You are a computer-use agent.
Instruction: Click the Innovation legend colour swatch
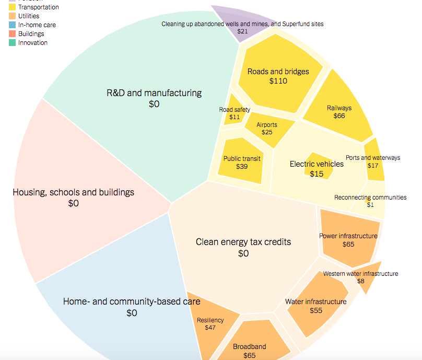(13, 42)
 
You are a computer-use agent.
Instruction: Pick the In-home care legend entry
(37, 25)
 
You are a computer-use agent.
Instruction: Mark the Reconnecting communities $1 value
(370, 204)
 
